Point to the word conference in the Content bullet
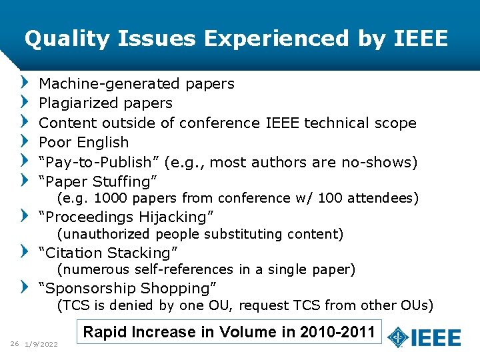[x=221, y=123]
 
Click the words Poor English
[x=84, y=143]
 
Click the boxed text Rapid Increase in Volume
[x=229, y=332]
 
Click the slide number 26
[x=14, y=344]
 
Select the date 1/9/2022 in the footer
[x=41, y=344]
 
